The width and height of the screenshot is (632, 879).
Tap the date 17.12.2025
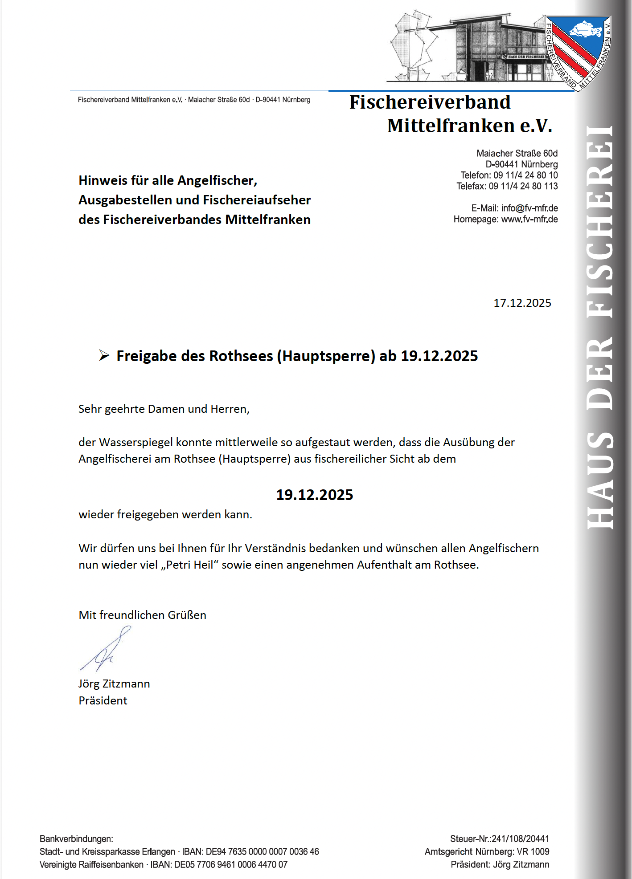(522, 303)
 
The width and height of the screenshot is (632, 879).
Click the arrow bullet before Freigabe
(104, 355)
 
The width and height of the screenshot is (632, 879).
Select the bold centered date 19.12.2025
(314, 495)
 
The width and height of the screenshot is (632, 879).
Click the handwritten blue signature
(105, 649)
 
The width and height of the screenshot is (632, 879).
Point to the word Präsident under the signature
(103, 701)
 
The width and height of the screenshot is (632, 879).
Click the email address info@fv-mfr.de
(529, 208)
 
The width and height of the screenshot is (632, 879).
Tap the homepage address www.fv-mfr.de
(529, 220)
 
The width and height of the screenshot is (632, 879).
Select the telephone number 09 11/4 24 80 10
(525, 175)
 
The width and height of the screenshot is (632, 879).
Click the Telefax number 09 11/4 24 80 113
(523, 187)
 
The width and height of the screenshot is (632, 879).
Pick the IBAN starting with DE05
(231, 865)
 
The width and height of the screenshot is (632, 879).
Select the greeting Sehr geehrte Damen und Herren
(164, 409)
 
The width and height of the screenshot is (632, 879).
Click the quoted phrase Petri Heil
(190, 565)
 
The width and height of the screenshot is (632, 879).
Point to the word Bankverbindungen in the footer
(76, 839)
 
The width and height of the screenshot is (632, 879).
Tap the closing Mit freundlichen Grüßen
(142, 615)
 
